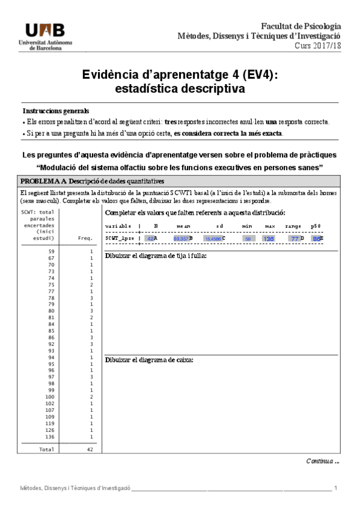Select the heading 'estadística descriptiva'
point(180,89)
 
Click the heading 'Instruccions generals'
point(55,111)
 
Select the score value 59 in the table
point(51,251)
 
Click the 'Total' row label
point(46,449)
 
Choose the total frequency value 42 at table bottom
point(89,449)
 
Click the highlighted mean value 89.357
point(181,238)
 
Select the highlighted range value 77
point(294,238)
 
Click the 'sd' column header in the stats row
point(219,226)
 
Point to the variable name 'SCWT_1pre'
point(119,238)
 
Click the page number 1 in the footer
point(335,488)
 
